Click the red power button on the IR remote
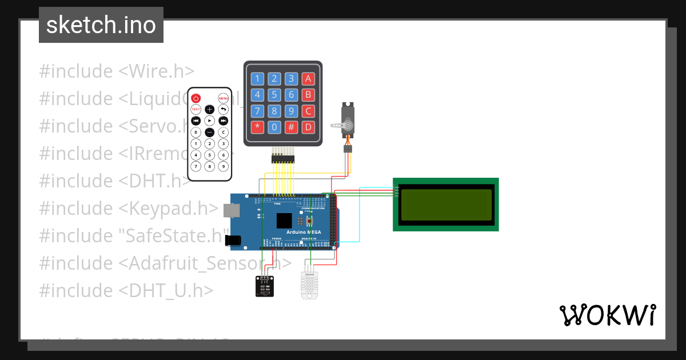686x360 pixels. coord(196,98)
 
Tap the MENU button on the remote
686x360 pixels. coord(224,98)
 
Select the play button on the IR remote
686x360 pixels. coord(210,121)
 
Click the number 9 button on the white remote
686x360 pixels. coord(224,166)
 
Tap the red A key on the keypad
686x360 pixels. coord(308,79)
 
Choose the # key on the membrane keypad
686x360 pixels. coord(292,126)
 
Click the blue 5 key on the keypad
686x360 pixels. coord(275,95)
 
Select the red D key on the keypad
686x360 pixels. coord(308,126)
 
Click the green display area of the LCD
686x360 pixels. coord(446,205)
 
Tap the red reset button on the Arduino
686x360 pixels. coord(310,221)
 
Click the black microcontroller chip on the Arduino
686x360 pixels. coord(284,221)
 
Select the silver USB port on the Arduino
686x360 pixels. coord(232,211)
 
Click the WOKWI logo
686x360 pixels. coord(608,315)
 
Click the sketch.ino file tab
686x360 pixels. coord(101,25)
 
